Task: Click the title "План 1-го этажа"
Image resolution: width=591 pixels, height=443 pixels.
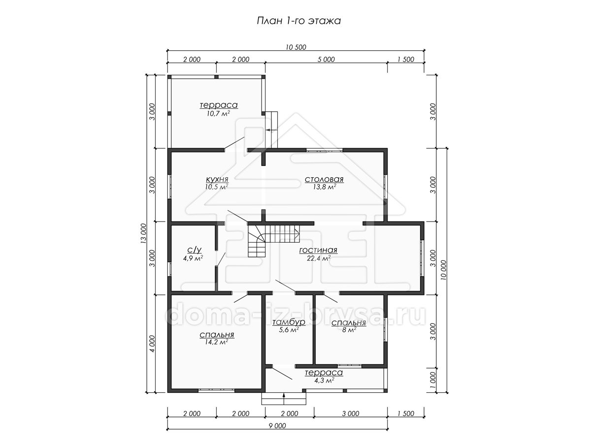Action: pyautogui.click(x=298, y=21)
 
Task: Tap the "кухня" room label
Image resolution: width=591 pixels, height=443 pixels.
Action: pyautogui.click(x=217, y=179)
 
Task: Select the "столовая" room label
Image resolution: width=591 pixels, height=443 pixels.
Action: pyautogui.click(x=324, y=179)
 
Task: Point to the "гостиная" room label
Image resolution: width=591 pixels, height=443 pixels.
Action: pyautogui.click(x=318, y=250)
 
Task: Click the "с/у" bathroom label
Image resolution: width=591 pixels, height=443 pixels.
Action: pyautogui.click(x=194, y=250)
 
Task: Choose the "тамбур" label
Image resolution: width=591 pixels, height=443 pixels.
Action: pyautogui.click(x=289, y=322)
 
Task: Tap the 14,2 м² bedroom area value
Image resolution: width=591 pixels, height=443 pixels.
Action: pyautogui.click(x=217, y=342)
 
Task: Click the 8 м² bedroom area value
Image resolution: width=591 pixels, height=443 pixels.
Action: pyautogui.click(x=349, y=329)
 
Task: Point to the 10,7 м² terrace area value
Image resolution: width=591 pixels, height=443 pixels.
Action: pyautogui.click(x=218, y=113)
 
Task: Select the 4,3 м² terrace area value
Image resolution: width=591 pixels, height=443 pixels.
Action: pyautogui.click(x=324, y=380)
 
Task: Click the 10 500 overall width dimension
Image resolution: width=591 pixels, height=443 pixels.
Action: pyautogui.click(x=296, y=47)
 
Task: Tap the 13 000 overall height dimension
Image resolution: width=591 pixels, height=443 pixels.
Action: pyautogui.click(x=143, y=233)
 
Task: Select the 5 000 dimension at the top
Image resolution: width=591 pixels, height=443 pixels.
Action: pyautogui.click(x=326, y=60)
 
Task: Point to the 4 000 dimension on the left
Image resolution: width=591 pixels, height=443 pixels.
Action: pyautogui.click(x=152, y=344)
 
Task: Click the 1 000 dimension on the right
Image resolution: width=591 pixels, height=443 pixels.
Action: pyautogui.click(x=433, y=380)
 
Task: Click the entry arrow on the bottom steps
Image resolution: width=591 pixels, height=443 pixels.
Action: pyautogui.click(x=284, y=399)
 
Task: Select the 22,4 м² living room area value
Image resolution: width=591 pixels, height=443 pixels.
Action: pyautogui.click(x=319, y=258)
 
